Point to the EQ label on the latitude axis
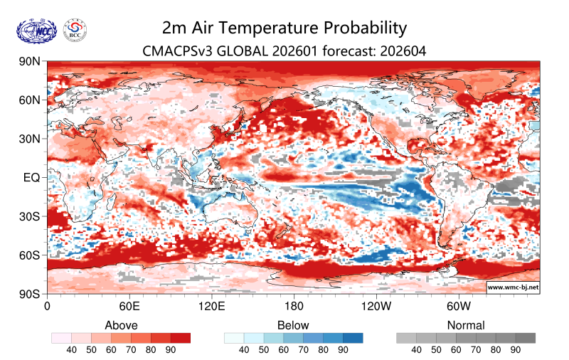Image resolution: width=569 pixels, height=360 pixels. (31, 177)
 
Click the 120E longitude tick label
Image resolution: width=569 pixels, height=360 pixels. (211, 307)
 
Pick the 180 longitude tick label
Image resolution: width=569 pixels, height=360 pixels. (294, 307)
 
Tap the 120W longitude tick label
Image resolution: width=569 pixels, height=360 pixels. (376, 307)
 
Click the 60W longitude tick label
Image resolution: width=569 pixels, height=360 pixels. (459, 307)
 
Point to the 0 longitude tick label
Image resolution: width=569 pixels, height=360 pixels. (47, 307)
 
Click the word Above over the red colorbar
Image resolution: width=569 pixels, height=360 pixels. (121, 325)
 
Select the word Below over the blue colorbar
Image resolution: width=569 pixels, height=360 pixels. (294, 325)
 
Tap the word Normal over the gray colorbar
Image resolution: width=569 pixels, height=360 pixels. (466, 325)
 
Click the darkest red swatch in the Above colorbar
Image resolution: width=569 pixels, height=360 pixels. (181, 338)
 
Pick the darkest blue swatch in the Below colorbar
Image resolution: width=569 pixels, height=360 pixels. (353, 338)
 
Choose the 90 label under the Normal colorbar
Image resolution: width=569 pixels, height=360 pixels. (516, 350)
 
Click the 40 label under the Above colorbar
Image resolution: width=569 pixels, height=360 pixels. (71, 350)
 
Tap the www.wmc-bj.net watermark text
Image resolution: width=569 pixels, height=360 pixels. (512, 287)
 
